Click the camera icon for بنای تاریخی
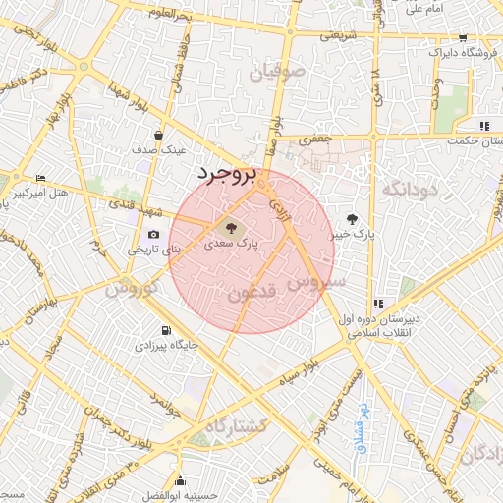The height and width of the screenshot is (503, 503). tap(154, 235)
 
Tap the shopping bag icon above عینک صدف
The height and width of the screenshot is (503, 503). tap(159, 136)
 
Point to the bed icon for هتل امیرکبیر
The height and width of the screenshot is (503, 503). tap(40, 178)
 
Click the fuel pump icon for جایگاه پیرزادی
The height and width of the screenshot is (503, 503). tap(165, 330)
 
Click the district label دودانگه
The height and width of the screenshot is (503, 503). tap(408, 188)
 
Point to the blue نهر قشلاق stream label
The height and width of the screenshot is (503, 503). tap(362, 422)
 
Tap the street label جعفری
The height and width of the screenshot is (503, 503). tap(315, 140)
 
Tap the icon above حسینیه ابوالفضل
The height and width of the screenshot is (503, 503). tap(181, 480)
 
